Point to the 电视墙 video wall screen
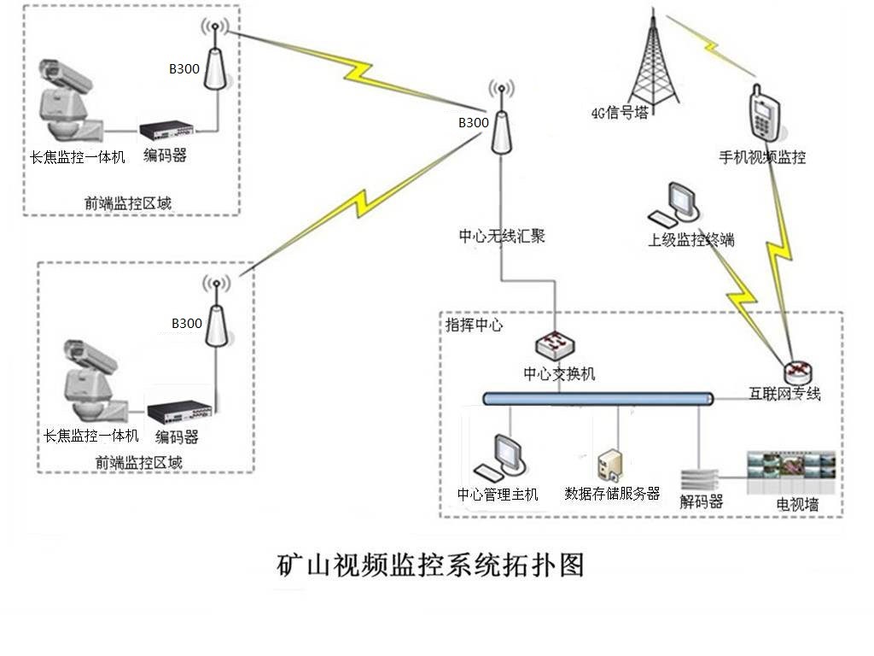coord(795,473)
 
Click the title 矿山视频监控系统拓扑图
coord(431,565)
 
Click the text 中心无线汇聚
coord(502,237)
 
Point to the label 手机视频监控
coord(762,157)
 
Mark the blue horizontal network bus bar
coord(597,398)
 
